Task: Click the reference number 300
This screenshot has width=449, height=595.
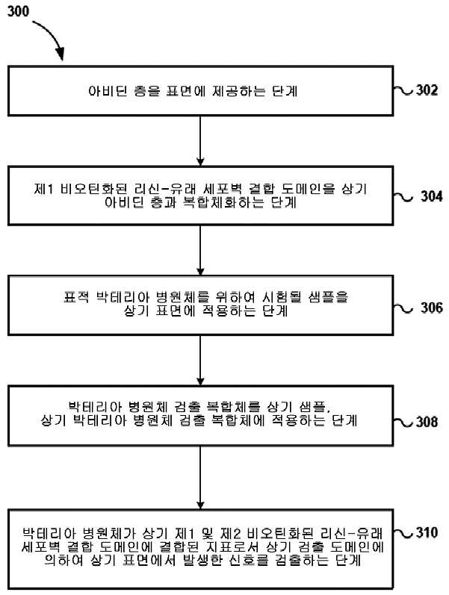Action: [18, 11]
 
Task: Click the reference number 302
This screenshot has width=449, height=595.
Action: [427, 90]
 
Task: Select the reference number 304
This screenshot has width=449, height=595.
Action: [432, 196]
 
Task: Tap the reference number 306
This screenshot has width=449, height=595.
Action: [432, 308]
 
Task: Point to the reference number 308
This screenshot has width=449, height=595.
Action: [427, 422]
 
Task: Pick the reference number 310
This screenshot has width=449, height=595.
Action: [427, 532]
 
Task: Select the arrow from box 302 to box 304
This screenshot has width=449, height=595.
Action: [200, 141]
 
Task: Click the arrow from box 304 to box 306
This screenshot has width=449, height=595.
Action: [200, 250]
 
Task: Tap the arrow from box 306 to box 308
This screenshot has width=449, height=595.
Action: [200, 360]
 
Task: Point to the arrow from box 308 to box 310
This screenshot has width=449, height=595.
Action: [200, 477]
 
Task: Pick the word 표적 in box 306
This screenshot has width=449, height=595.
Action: [76, 296]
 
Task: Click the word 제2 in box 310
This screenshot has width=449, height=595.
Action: [231, 534]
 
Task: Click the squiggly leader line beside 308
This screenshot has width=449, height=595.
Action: [403, 422]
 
